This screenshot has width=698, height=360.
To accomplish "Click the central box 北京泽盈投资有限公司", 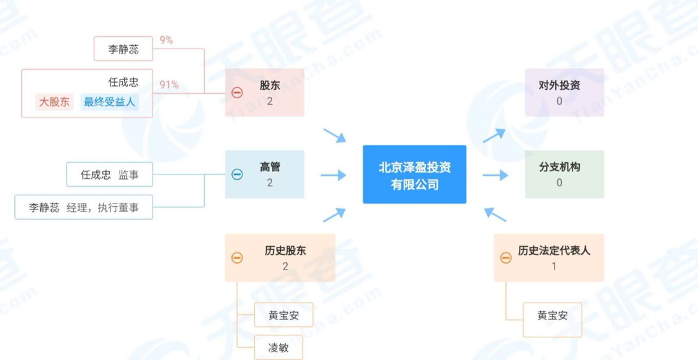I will (x=414, y=175).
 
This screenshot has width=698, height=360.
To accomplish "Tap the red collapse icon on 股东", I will (x=237, y=92).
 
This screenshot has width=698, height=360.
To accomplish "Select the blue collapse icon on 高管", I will (x=237, y=175).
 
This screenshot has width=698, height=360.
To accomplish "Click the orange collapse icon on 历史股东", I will (x=237, y=258).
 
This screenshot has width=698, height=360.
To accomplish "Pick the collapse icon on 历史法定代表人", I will (x=506, y=258).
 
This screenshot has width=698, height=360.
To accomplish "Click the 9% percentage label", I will (x=166, y=40).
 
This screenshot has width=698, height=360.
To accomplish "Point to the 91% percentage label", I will (x=169, y=85).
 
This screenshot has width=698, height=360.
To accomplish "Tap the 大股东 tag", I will (x=54, y=101).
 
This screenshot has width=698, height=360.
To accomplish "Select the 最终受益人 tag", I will (x=110, y=101).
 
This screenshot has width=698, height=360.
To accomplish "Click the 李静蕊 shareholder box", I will (x=123, y=48).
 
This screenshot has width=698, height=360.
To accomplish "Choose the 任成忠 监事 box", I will (x=109, y=175).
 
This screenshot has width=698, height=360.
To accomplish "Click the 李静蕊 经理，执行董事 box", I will (x=83, y=207).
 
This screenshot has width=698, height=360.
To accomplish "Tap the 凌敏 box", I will (x=278, y=348).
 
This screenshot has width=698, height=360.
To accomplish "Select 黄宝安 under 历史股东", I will (x=283, y=316).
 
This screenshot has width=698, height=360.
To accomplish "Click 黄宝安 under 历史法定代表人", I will (x=552, y=316).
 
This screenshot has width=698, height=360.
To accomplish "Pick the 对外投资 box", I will (x=564, y=92).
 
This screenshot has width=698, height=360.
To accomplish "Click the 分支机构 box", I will (x=564, y=175).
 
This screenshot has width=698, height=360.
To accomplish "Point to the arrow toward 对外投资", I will (x=494, y=136).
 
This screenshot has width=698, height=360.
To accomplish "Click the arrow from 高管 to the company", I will (x=333, y=175).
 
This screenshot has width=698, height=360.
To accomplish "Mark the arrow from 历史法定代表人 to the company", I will (x=495, y=214).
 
